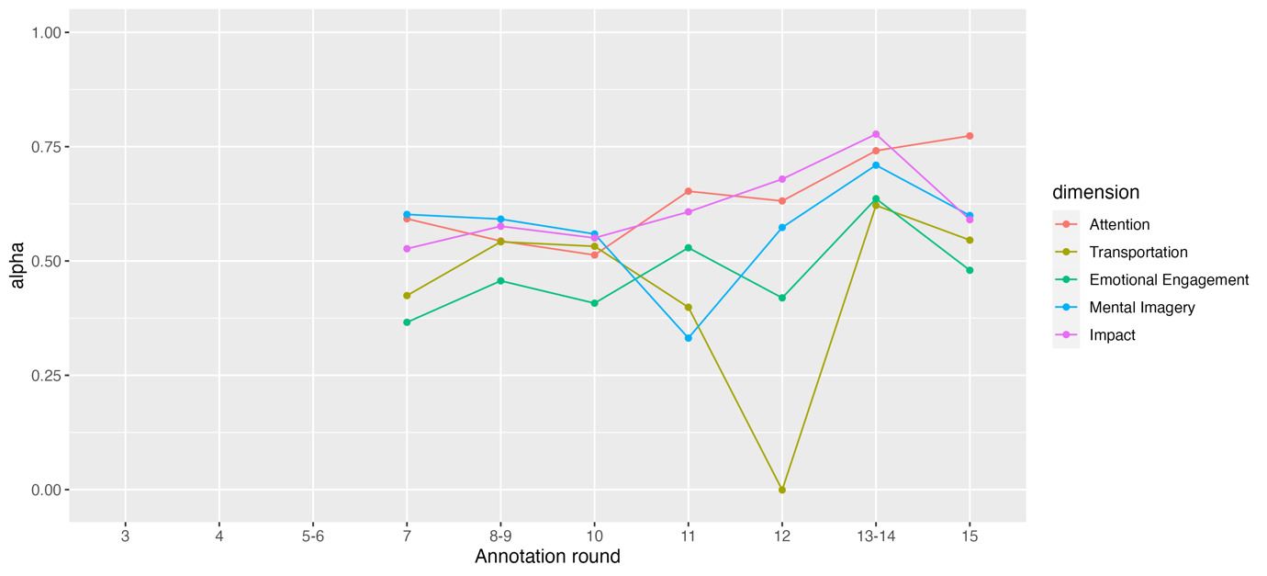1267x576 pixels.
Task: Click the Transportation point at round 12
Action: (x=781, y=490)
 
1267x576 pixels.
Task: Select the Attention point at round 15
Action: (x=970, y=136)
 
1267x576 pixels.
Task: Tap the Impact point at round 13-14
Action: (x=876, y=134)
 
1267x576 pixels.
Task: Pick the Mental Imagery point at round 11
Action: (x=688, y=338)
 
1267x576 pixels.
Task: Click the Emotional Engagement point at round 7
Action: (x=407, y=322)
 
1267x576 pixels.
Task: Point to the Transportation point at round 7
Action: (x=407, y=296)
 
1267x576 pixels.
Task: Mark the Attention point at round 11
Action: (x=688, y=191)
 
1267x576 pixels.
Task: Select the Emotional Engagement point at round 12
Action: (x=781, y=298)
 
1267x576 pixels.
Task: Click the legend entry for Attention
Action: (x=1119, y=225)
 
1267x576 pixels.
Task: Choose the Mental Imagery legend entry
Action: (x=1141, y=308)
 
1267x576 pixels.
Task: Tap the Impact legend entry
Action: (x=1112, y=335)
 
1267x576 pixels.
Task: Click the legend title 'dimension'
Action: (x=1095, y=193)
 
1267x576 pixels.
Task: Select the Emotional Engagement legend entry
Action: (x=1169, y=280)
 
